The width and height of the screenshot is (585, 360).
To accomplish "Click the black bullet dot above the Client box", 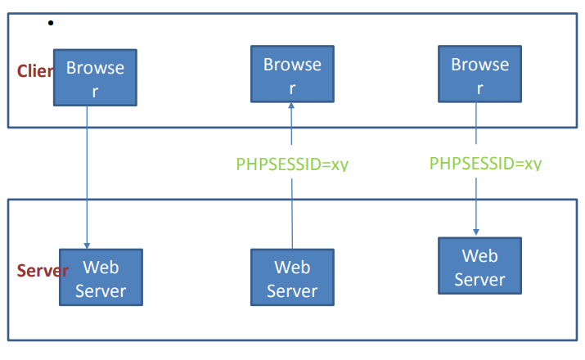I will click(x=51, y=23).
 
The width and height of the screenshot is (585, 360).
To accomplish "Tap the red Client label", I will click(x=35, y=71).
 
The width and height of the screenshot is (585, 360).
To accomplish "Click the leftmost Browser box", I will click(x=95, y=79).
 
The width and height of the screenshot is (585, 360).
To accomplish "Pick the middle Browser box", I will click(x=292, y=74).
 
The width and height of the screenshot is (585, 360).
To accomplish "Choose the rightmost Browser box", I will click(x=479, y=74).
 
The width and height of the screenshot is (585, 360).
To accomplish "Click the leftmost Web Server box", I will click(x=101, y=277).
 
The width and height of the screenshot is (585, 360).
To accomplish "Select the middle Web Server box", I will click(x=292, y=277).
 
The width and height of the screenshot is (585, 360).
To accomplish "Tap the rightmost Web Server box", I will click(x=479, y=266).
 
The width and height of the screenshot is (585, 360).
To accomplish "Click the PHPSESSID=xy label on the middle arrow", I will click(x=292, y=164).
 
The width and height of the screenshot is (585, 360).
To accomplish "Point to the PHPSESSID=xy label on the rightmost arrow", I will click(x=485, y=163).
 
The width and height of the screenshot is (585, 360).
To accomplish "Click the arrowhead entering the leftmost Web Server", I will click(x=88, y=244).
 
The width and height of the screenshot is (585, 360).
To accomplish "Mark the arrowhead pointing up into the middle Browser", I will click(x=292, y=106).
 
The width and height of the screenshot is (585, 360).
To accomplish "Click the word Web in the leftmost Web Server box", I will click(x=101, y=268).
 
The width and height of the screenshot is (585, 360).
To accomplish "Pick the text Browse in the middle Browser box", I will click(x=292, y=64).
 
